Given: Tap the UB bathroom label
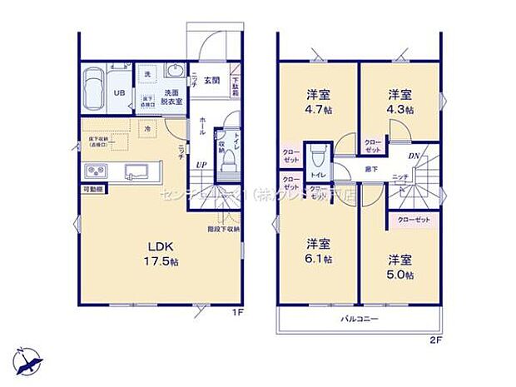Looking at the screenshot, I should (x=118, y=94).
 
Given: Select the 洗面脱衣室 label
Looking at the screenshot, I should (x=172, y=97).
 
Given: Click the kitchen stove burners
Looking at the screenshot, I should (x=93, y=172).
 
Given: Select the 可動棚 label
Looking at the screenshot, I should (x=92, y=191).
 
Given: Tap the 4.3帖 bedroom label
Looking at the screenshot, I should (x=400, y=101).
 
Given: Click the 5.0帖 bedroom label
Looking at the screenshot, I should (x=402, y=265).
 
